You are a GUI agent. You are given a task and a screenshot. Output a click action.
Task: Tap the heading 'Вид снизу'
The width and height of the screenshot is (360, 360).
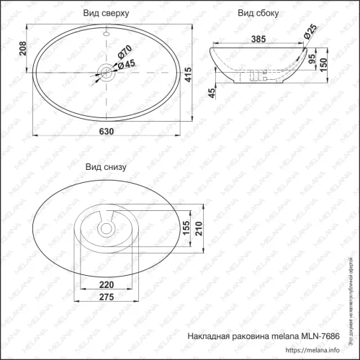106,166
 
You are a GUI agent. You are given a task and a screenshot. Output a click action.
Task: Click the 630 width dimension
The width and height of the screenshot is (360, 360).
107,132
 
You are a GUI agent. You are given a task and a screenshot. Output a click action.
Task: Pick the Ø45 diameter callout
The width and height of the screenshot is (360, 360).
127,64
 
